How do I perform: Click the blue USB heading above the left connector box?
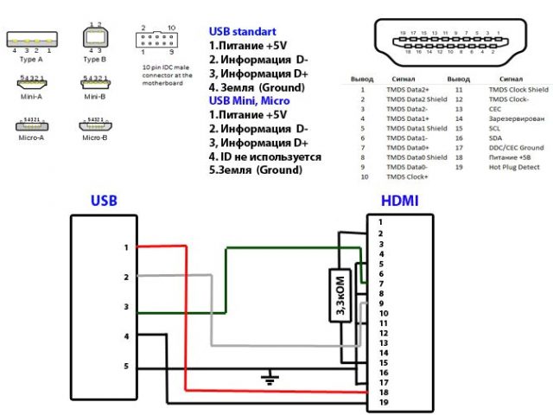point(105,201)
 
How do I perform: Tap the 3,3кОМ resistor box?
point(339,296)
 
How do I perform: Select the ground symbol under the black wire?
point(270,378)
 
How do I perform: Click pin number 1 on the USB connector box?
point(125,247)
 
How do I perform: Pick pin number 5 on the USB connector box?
point(125,367)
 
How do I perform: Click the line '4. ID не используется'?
point(264,156)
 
